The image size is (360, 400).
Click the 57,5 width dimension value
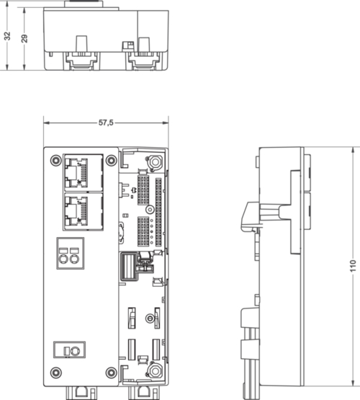tap(106, 123)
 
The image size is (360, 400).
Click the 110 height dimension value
tap(353, 266)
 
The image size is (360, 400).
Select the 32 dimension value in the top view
tap(7, 36)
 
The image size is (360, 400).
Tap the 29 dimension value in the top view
tap(24, 39)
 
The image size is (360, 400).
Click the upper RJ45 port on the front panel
tap(83, 173)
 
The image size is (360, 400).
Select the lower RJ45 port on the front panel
tap(83, 211)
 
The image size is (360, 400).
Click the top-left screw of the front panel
tap(55, 160)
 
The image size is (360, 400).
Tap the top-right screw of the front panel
tap(112, 160)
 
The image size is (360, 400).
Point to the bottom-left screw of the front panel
tap(55, 373)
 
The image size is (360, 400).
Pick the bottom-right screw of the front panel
tap(112, 373)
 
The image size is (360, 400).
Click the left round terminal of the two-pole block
tap(63, 259)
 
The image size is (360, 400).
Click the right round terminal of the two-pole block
tap(74, 259)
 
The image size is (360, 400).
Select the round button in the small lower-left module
tap(75, 351)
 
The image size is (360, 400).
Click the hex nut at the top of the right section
tap(156, 161)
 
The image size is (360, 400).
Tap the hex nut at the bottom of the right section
tap(155, 371)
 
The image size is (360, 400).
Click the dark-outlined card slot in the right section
tap(130, 266)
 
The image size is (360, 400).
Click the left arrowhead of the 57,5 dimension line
tap(46, 123)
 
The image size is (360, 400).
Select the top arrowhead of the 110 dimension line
tap(353, 150)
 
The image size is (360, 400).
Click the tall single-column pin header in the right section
tap(158, 212)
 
